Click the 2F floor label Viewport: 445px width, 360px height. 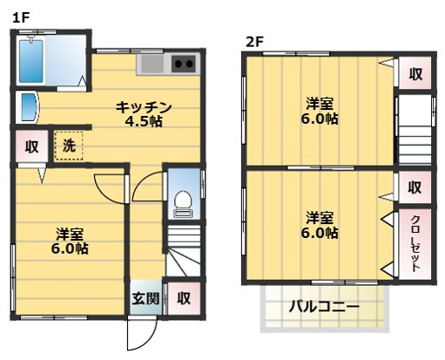point(253,40)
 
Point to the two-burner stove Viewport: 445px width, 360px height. point(185,64)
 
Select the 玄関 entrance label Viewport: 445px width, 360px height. point(145,298)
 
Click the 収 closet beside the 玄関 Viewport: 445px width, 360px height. point(183,298)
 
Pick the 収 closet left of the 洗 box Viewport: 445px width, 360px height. point(31,147)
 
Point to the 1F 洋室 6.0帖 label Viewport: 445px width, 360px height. point(69,241)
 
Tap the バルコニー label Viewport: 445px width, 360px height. point(324,307)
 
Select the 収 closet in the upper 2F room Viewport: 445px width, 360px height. point(415,75)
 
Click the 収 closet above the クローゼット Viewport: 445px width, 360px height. point(415,186)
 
